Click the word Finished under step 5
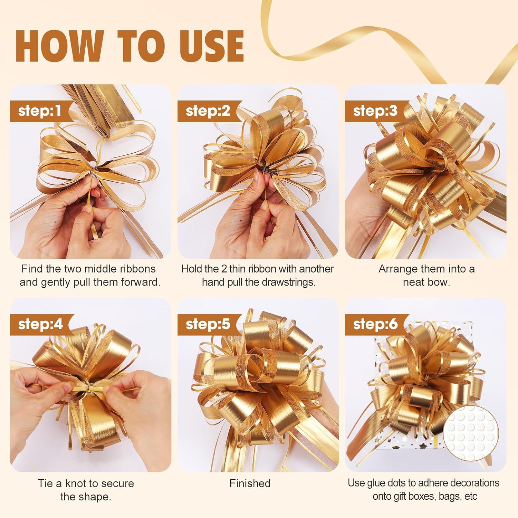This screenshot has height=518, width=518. click(x=250, y=483)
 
